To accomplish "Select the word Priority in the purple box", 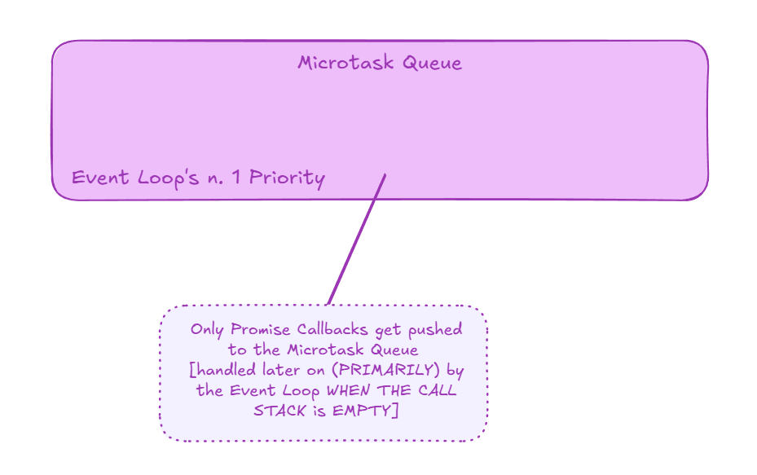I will pos(287,178).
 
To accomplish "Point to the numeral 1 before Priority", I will pos(235,178).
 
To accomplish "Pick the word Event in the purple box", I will pos(95,178).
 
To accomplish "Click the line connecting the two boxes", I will pos(357,238).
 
